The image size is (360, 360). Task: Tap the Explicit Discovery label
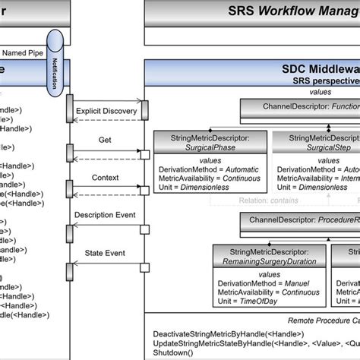coord(106,112)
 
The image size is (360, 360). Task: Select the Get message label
coord(106,141)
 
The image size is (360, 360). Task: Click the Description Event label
coord(106,216)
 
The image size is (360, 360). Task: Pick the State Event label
coord(106,252)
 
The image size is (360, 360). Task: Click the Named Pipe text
coord(23,53)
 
